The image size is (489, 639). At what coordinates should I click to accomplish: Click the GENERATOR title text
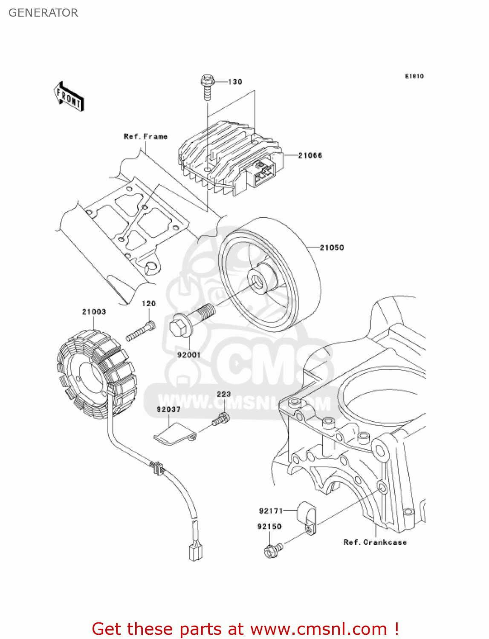(43, 13)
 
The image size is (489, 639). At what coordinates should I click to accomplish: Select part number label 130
(235, 82)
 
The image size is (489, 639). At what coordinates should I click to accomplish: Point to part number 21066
(310, 155)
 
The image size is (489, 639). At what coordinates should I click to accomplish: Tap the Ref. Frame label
(145, 136)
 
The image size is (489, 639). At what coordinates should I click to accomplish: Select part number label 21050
(332, 248)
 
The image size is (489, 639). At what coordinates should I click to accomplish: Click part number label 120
(148, 304)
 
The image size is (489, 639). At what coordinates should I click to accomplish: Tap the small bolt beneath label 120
(141, 331)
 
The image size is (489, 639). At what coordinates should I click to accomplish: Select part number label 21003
(94, 312)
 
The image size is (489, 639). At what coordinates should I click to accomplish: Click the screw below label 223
(221, 419)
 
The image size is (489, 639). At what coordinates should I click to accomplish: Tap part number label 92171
(271, 510)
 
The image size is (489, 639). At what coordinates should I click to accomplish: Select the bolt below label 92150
(272, 550)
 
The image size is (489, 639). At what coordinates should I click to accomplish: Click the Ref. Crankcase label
(375, 542)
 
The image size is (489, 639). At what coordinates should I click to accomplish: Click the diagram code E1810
(414, 76)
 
